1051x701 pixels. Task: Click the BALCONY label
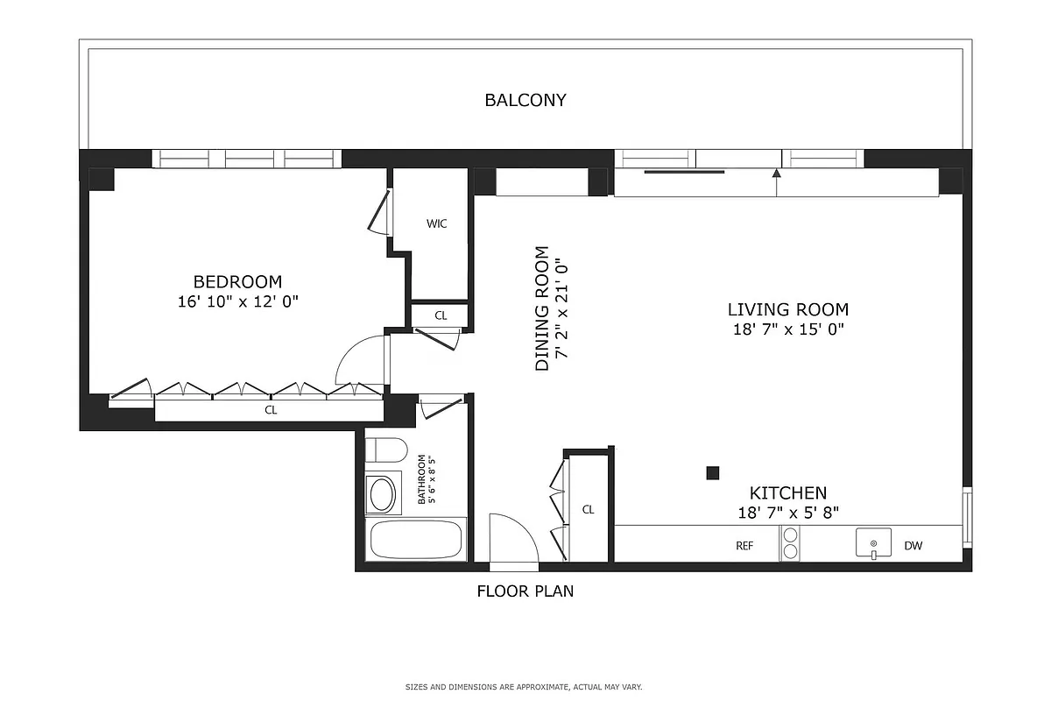click(x=525, y=100)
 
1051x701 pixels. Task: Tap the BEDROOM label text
click(x=237, y=282)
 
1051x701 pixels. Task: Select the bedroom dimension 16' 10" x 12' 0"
click(x=237, y=301)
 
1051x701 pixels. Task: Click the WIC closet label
click(x=436, y=223)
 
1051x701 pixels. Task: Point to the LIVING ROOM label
click(x=787, y=309)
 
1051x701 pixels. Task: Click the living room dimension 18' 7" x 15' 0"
click(x=787, y=329)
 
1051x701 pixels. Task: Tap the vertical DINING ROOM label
click(x=542, y=308)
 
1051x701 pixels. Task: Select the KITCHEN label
click(x=787, y=493)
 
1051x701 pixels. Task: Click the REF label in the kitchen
click(x=744, y=546)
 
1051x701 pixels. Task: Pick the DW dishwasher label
click(x=913, y=546)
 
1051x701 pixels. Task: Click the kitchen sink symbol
click(x=873, y=543)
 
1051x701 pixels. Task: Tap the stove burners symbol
click(x=790, y=543)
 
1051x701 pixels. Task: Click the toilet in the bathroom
click(x=385, y=450)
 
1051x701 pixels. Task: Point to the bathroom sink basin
click(x=382, y=495)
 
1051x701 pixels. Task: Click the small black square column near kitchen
click(x=712, y=473)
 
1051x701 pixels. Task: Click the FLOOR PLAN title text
click(x=525, y=591)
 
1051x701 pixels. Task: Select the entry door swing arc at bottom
click(x=513, y=536)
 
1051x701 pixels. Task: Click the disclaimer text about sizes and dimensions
click(x=524, y=687)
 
